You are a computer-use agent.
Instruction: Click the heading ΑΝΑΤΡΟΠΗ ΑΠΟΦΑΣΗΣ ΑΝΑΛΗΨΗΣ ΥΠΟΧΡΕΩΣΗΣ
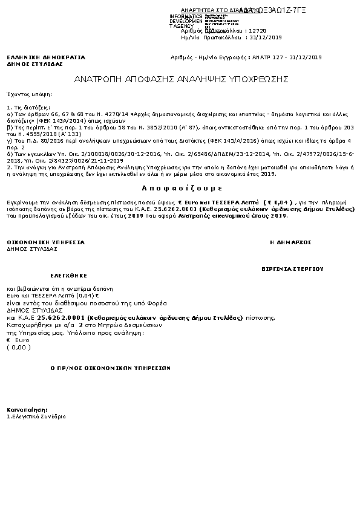(x=181, y=79)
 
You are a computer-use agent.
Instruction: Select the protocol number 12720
(x=257, y=30)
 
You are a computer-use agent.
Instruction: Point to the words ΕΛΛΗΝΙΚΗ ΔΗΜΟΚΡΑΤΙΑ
(x=46, y=57)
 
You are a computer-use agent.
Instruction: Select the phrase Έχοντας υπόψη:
(x=29, y=95)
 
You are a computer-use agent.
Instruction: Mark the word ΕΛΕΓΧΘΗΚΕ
(x=56, y=273)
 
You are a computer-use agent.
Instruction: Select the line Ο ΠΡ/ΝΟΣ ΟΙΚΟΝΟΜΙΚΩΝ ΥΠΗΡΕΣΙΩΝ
(x=111, y=368)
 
